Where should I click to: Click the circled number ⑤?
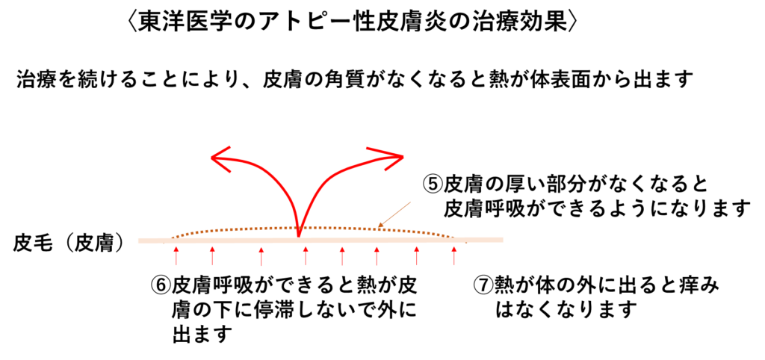pos(431,184)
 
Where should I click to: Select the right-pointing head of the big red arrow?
pos(390,157)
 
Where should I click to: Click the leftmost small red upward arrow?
pos(176,256)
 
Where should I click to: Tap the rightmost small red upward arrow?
pos(454,256)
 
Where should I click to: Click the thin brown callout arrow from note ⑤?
pos(395,214)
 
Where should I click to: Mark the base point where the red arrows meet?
pos(299,236)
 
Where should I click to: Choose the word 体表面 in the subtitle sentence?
pos(590,78)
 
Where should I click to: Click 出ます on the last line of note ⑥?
pos(201,334)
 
